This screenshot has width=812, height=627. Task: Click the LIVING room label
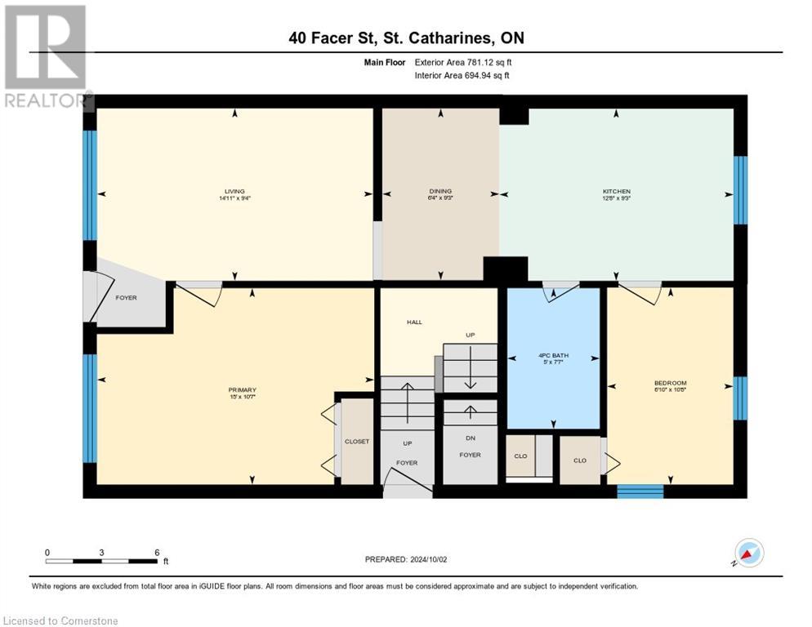tap(234, 191)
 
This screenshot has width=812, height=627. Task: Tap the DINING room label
tap(441, 191)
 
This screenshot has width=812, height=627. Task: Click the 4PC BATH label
tap(554, 354)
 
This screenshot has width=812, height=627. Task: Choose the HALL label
tap(414, 322)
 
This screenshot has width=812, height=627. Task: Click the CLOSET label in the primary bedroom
tap(356, 442)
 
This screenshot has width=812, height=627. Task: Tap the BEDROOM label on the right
tap(670, 383)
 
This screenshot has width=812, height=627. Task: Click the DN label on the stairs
tap(470, 438)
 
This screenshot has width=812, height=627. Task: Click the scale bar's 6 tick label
tap(156, 553)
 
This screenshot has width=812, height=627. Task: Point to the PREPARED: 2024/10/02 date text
tap(406, 559)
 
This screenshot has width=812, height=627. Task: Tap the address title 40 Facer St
tap(405, 38)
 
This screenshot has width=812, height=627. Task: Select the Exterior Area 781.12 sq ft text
tap(462, 62)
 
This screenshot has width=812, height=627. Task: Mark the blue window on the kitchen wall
tap(739, 190)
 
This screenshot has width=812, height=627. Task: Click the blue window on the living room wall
tap(90, 185)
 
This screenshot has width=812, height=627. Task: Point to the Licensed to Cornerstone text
tap(61, 621)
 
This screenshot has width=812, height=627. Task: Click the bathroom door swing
tap(560, 291)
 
